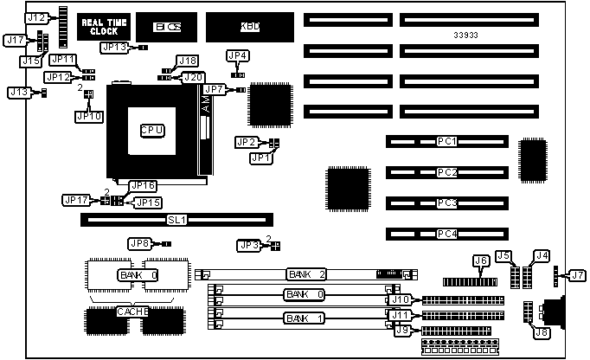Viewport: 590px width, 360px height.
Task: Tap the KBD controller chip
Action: pos(249,27)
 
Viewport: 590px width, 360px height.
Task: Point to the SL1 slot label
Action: pos(176,221)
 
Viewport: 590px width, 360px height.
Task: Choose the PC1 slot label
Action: pos(447,140)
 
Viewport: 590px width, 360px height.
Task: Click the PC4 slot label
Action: pos(447,234)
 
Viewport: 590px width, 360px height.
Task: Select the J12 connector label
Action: pos(36,17)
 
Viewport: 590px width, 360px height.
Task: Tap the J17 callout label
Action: pos(15,40)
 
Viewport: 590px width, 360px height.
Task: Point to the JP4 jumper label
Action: pos(238,55)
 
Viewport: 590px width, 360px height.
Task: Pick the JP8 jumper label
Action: pos(139,243)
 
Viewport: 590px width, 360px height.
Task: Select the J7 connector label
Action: pos(576,276)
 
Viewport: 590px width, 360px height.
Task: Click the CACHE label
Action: pos(132,311)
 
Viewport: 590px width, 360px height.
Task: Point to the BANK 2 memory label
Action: pos(305,274)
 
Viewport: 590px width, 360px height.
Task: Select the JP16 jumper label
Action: pos(143,185)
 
